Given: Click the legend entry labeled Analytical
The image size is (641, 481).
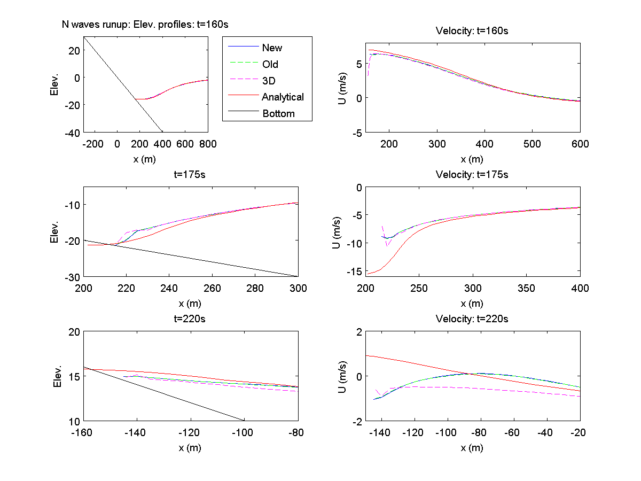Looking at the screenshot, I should click(283, 97).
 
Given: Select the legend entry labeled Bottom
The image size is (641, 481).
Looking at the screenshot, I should click(278, 113).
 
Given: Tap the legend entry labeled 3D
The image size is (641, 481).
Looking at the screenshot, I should click(269, 81).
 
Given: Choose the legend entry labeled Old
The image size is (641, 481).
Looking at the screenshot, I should click(270, 64).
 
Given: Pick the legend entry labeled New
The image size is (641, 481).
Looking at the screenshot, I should click(272, 48).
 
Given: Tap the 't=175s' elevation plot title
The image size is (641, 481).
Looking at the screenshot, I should click(190, 174).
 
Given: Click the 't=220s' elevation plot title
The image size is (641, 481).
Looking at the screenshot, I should click(190, 319).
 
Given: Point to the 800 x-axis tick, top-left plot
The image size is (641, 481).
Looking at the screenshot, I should click(208, 143).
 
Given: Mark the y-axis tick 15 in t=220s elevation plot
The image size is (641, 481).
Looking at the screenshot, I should click(75, 376).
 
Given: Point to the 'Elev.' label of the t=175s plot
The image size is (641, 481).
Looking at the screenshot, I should click(54, 232).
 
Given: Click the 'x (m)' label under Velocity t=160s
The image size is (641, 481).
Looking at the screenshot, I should click(472, 159).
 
